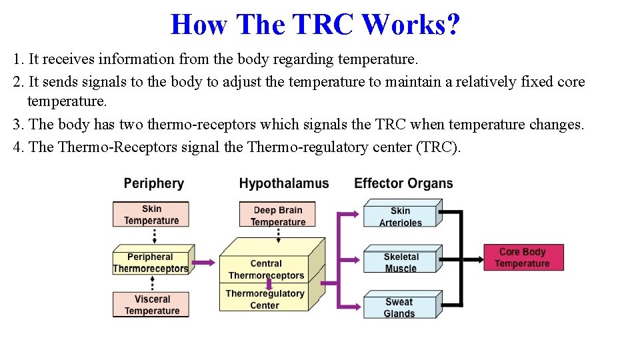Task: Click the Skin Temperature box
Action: click(x=151, y=215)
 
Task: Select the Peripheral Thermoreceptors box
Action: click(x=151, y=263)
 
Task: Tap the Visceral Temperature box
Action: click(x=151, y=305)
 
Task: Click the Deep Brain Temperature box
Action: click(x=278, y=216)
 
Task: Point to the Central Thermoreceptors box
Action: click(x=266, y=269)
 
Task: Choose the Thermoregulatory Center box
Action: click(x=265, y=299)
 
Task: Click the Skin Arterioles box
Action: click(x=400, y=216)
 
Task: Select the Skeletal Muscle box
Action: click(x=400, y=262)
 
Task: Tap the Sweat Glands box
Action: click(x=399, y=307)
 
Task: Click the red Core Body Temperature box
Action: click(x=523, y=257)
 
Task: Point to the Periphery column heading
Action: click(x=154, y=183)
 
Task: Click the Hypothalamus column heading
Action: click(x=284, y=183)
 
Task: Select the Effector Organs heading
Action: click(x=403, y=183)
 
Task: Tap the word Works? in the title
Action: click(x=411, y=25)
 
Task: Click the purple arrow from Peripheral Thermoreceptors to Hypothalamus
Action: click(x=207, y=263)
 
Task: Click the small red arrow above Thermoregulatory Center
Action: click(x=269, y=283)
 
